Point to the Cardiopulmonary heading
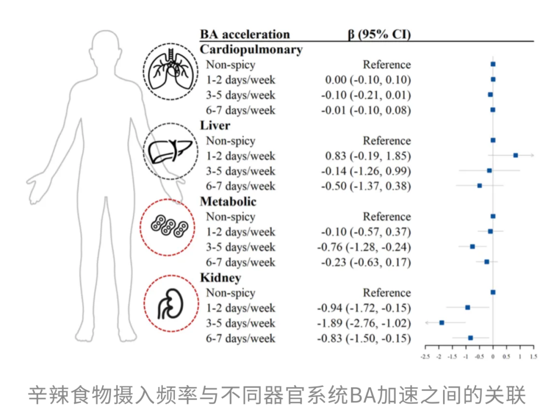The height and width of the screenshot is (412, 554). pos(251,49)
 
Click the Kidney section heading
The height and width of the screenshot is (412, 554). pos(220,278)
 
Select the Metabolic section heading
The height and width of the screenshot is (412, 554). pos(228,201)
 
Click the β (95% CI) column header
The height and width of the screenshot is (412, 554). pos(379,34)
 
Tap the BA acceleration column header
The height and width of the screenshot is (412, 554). pos(245,34)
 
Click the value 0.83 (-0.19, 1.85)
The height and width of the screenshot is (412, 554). pos(368,156)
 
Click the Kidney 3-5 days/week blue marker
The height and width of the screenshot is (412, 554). pos(442,322)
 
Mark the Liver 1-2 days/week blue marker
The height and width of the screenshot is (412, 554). pos(516,155)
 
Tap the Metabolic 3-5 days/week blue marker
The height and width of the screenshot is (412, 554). pos(472,246)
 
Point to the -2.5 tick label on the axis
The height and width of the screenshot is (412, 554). pos(425,356)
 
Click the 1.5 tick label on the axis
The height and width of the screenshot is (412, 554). pos(533,356)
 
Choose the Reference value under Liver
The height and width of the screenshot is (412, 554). pos(387,140)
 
